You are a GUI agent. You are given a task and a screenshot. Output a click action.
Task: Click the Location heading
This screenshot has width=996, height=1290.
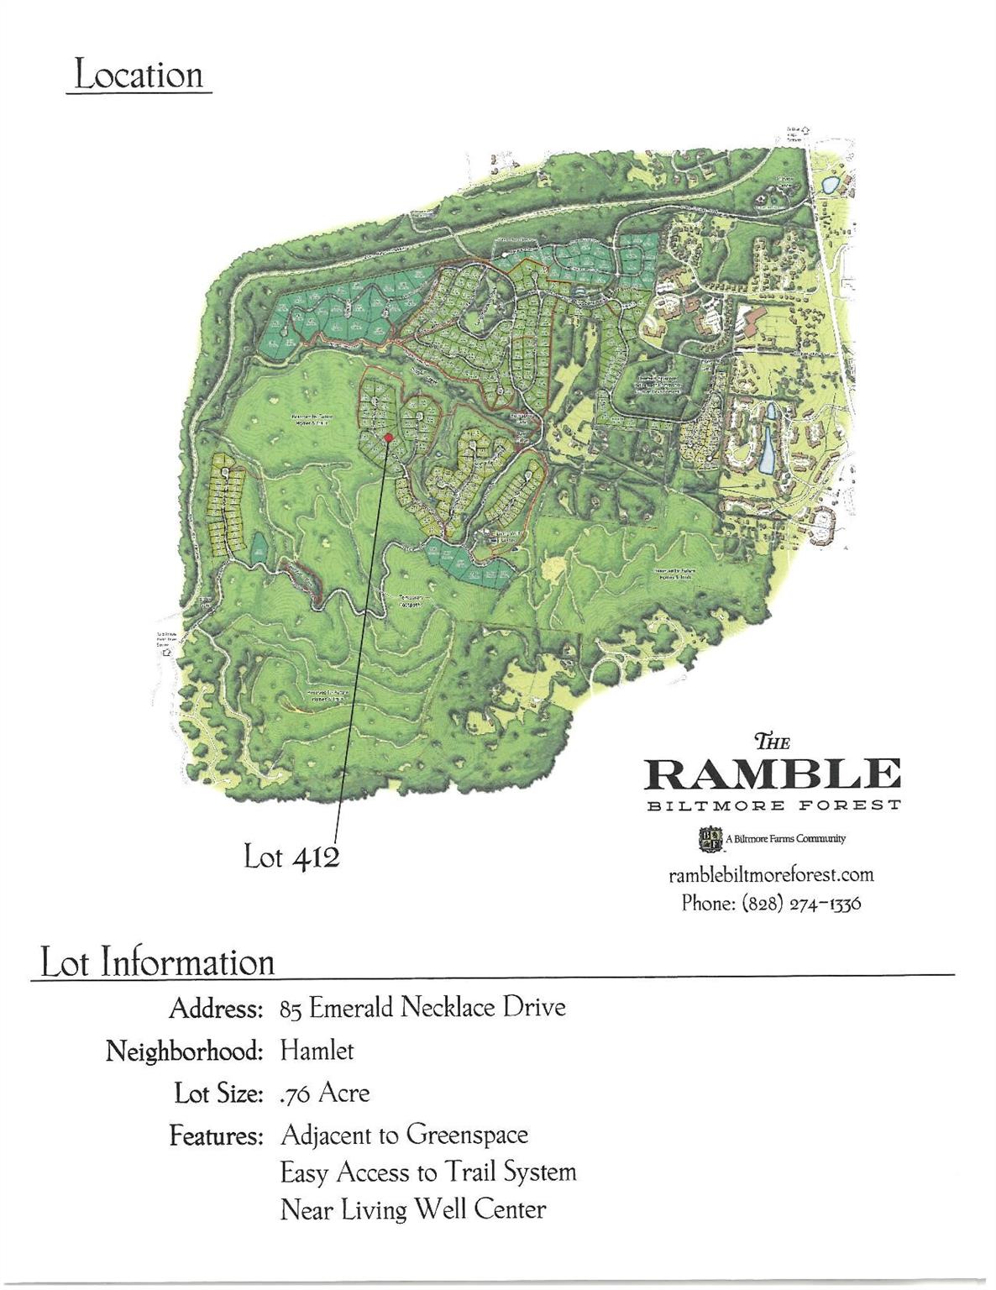coord(139,75)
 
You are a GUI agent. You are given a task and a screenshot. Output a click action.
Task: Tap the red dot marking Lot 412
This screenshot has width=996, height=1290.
coord(388,438)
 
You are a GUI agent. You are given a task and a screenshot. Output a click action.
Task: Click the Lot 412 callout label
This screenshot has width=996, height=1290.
coord(291,857)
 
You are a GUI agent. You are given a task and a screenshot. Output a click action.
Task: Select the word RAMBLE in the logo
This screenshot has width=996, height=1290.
coord(772,773)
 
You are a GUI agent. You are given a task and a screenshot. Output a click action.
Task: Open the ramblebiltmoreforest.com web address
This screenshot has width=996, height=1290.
coord(771,874)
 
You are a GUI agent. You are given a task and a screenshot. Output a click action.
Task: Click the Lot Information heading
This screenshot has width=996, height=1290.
coord(158,962)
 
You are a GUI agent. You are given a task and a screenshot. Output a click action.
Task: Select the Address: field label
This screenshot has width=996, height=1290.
coord(216,1008)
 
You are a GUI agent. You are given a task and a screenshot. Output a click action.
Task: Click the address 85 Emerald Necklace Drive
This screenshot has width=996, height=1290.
coord(422,1007)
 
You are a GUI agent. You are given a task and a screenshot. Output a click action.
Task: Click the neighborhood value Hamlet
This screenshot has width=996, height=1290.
coord(317,1050)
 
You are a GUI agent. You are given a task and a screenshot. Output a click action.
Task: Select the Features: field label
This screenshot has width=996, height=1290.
coord(217,1136)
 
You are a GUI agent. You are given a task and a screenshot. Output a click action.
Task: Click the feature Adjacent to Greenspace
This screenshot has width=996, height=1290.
coord(404,1135)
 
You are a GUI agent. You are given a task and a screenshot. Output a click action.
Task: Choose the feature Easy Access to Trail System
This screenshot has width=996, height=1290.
coord(427,1172)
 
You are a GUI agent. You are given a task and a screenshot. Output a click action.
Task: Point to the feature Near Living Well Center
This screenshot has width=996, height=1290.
coord(412,1210)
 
